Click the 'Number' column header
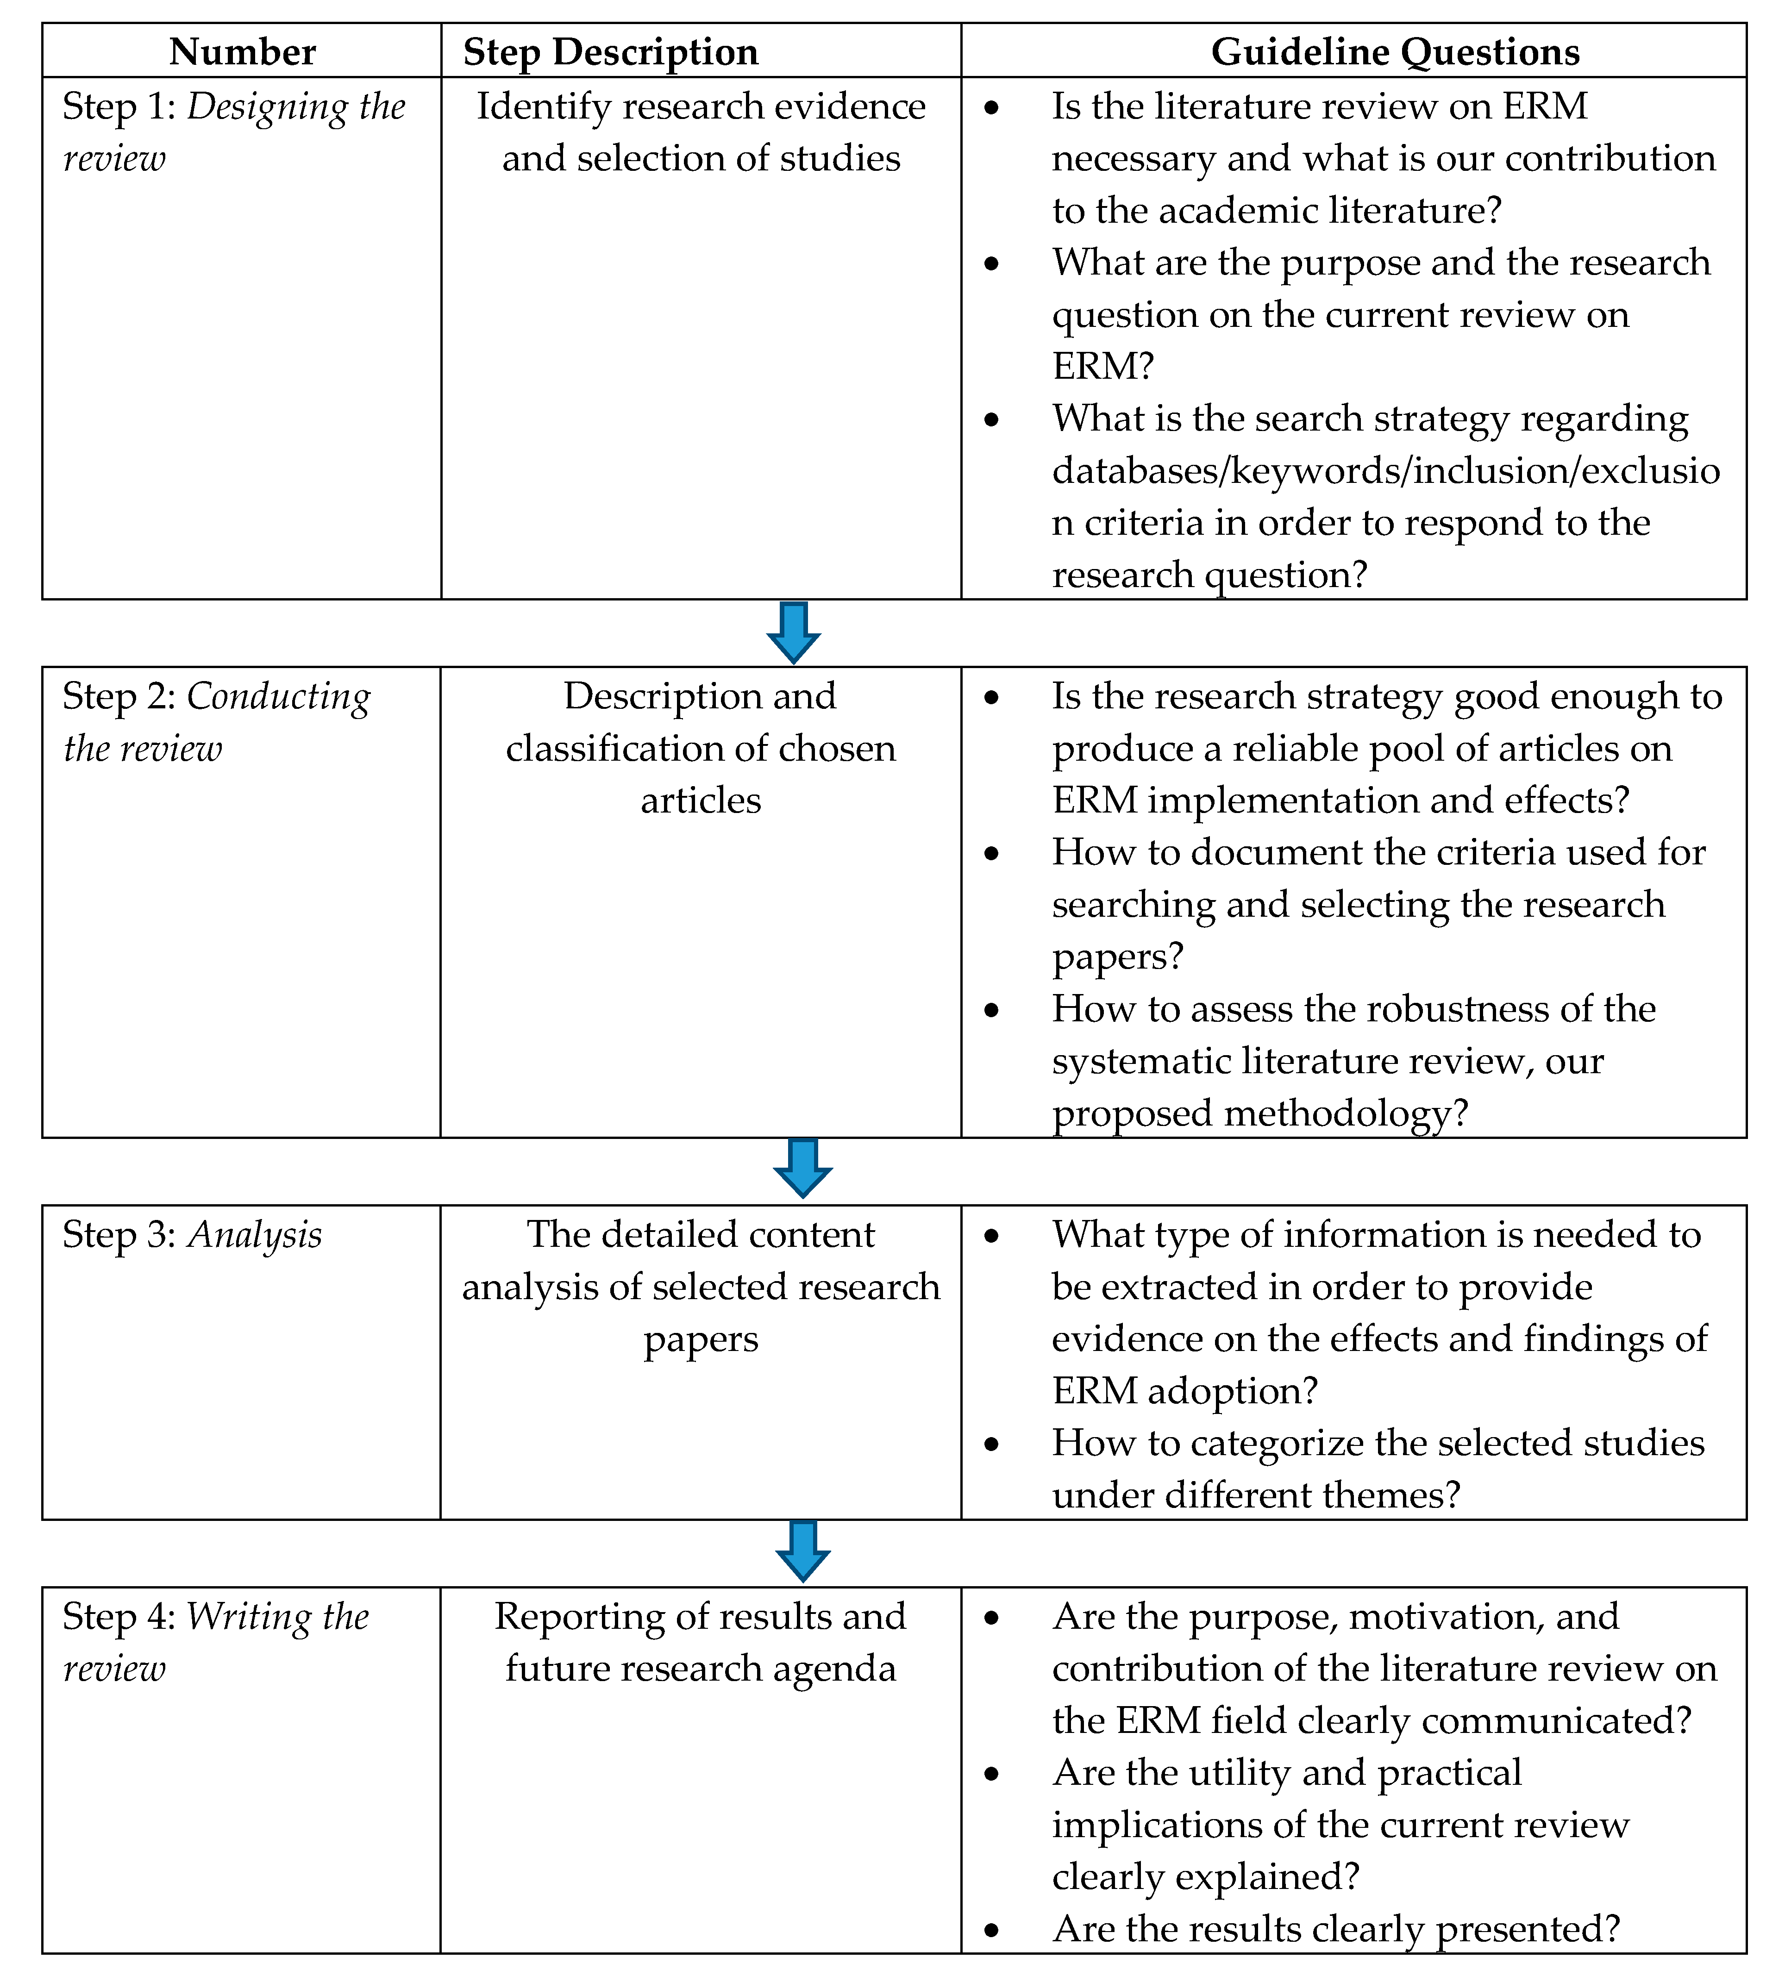point(243,52)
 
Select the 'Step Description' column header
point(610,52)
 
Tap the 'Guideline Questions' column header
point(1395,52)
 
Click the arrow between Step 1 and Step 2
point(793,632)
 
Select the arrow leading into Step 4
point(802,1551)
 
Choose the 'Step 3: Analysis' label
point(192,1235)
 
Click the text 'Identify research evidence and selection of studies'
point(701,132)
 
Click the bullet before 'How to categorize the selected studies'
point(991,1444)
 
